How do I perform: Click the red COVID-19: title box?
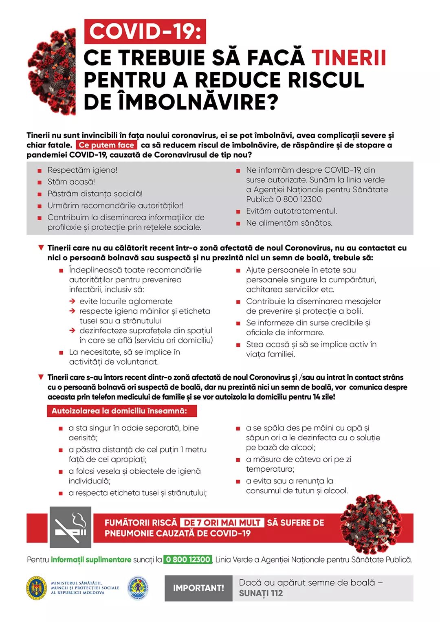145,31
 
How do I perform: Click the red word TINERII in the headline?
348,58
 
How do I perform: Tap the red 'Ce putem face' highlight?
106,145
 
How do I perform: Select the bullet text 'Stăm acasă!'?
71,182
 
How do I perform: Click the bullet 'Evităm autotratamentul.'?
291,211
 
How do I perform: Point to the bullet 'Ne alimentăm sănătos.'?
289,223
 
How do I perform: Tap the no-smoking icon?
70,527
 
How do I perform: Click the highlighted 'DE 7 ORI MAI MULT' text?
222,523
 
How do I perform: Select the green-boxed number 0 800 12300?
188,560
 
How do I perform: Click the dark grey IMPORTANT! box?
198,588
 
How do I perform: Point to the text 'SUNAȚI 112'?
261,593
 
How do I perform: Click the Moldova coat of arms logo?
37,588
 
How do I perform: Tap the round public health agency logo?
138,588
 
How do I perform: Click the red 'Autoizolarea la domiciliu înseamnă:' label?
121,411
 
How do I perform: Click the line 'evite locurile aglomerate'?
126,301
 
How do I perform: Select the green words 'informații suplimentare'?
91,560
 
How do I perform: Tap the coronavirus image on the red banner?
370,523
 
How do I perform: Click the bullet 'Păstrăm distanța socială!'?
95,193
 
